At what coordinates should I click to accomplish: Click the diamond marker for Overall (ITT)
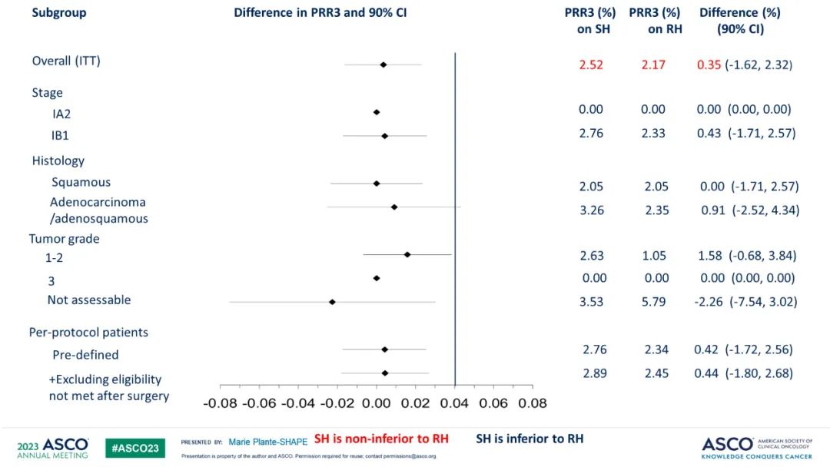383,65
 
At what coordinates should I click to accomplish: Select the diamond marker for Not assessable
332,302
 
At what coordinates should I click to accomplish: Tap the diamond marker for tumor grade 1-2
407,254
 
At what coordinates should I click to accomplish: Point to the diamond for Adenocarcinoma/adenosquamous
394,207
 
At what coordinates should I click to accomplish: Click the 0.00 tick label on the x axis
376,402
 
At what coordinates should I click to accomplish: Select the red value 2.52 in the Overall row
591,65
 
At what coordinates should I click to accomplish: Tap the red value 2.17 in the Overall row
654,65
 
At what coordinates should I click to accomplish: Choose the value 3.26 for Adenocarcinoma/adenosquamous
591,209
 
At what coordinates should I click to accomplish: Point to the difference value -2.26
708,301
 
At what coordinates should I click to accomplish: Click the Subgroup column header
59,13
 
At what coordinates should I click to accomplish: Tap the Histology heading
58,161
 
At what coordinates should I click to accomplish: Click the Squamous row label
81,182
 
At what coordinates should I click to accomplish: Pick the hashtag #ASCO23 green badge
135,448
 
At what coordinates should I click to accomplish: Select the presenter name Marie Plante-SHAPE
267,442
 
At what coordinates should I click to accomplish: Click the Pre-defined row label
85,355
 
